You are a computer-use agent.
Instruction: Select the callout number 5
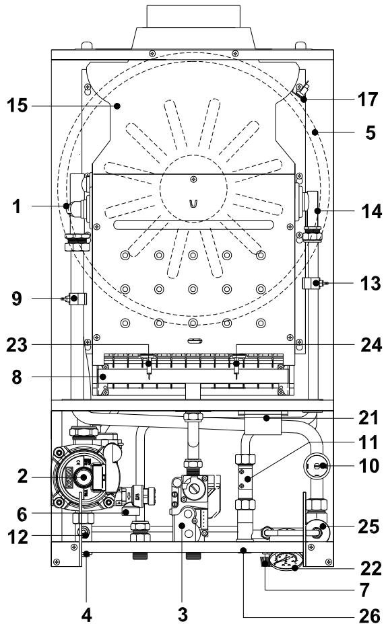click(371, 132)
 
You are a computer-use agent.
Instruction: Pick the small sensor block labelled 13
click(311, 284)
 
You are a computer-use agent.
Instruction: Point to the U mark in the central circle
click(193, 202)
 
